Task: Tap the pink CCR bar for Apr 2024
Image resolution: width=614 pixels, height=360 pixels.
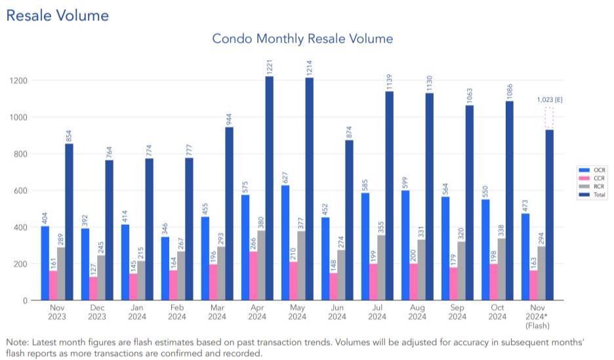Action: click(253, 276)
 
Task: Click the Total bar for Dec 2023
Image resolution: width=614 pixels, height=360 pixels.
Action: click(109, 230)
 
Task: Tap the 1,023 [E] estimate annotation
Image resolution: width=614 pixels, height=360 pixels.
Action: click(550, 100)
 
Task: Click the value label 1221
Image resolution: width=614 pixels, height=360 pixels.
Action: click(269, 66)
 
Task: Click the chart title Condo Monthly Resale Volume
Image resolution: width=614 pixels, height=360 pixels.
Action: click(302, 39)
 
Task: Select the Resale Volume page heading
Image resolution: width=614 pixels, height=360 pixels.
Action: click(58, 15)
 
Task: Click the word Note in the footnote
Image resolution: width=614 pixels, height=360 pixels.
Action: click(17, 342)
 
